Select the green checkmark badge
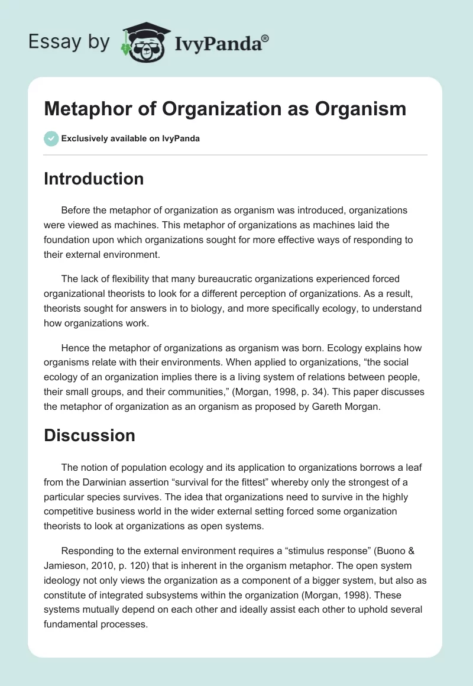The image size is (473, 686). coord(51,138)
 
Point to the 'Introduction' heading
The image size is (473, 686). coord(93,179)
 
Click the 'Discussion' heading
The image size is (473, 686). coord(89,436)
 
